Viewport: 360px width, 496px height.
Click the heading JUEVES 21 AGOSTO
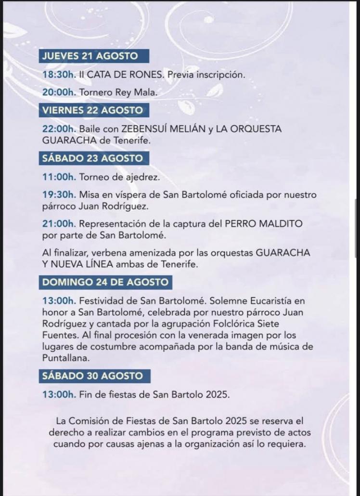tap(90, 56)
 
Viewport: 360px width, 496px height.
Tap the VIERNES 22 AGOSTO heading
tap(92, 110)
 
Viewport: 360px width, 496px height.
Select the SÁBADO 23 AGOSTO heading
tap(92, 158)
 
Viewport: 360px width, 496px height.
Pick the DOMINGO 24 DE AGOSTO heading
tap(105, 282)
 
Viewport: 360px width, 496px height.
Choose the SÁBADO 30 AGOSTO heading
tap(92, 376)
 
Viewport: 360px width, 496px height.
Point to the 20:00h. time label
tap(59, 91)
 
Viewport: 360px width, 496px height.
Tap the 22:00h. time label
tap(59, 129)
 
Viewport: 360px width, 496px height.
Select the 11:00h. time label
tap(59, 177)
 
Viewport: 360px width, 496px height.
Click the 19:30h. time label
tap(59, 195)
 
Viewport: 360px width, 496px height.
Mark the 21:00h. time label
tap(59, 224)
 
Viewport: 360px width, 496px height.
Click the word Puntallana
tap(65, 358)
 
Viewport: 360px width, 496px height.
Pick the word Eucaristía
tap(270, 300)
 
